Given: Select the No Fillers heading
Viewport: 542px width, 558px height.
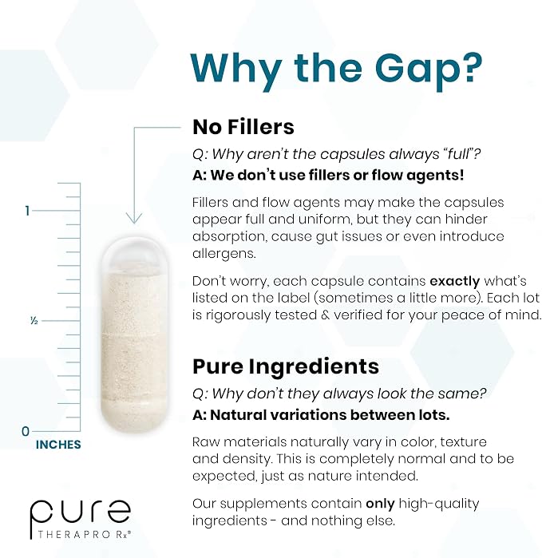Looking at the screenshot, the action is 243,127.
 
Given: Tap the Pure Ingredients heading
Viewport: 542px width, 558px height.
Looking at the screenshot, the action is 286,366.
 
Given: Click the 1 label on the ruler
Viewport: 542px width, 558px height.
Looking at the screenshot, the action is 27,211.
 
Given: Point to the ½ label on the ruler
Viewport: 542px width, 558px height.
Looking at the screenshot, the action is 34,321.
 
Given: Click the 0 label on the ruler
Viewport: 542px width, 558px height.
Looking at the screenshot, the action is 26,431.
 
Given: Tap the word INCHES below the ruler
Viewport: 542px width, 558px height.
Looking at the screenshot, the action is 58,445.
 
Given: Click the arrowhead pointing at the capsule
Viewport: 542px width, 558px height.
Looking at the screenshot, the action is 134,218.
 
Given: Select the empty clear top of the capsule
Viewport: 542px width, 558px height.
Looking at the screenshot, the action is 134,255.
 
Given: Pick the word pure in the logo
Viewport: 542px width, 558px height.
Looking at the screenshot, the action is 81,512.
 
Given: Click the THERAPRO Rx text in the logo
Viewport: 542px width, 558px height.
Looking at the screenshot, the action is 85,534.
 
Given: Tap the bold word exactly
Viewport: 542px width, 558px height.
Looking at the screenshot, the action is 455,282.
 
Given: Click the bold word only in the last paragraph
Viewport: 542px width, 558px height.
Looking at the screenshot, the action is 381,504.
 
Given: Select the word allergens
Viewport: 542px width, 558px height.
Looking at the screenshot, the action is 224,254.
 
